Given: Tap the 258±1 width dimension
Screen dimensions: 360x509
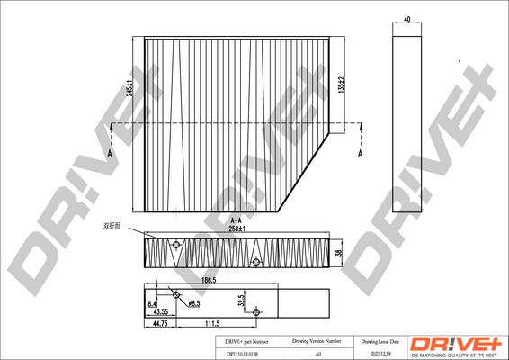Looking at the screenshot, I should [239, 229].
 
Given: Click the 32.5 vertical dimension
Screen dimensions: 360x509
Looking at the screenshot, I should [240, 300].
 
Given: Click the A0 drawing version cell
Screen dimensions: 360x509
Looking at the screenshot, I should [317, 355].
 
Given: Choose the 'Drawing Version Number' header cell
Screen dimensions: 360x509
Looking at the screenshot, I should [317, 343].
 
